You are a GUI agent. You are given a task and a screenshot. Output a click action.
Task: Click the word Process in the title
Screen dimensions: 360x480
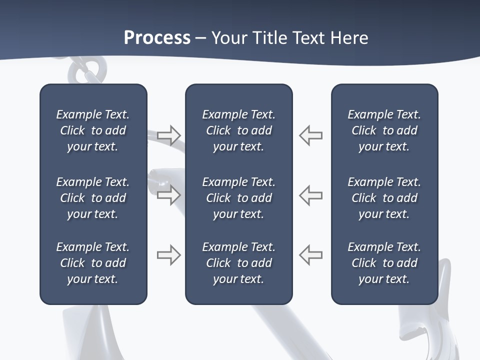[x=157, y=38]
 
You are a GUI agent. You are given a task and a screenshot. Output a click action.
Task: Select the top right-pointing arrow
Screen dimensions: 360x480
[x=169, y=135]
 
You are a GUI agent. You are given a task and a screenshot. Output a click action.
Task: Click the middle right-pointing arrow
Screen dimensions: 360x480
[x=169, y=195]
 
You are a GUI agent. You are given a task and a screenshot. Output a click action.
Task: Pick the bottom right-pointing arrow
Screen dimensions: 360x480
[x=169, y=255]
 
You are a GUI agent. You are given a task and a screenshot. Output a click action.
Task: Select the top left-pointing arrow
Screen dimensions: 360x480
[x=311, y=135]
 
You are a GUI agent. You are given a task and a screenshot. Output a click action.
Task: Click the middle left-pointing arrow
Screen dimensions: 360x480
[x=311, y=195]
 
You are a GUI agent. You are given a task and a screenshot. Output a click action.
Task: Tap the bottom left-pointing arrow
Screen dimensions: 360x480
[x=311, y=255]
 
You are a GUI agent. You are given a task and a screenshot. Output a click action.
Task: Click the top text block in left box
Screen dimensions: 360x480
[x=93, y=130]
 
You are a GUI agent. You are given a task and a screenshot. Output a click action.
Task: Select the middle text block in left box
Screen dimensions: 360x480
[x=93, y=198]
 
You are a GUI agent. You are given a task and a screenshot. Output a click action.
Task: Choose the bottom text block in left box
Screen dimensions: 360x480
[x=93, y=263]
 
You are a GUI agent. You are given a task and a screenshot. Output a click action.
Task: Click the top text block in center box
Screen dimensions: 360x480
[x=238, y=130]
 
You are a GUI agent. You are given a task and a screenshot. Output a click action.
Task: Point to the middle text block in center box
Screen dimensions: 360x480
[x=238, y=198]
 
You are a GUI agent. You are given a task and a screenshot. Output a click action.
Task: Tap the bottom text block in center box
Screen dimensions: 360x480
[x=238, y=263]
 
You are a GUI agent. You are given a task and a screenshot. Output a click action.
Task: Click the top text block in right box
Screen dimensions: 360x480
[x=384, y=130]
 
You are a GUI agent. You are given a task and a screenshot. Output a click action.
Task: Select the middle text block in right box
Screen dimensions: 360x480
[x=384, y=198]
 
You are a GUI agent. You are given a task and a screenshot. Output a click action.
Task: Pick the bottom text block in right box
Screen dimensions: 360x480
[x=384, y=263]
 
